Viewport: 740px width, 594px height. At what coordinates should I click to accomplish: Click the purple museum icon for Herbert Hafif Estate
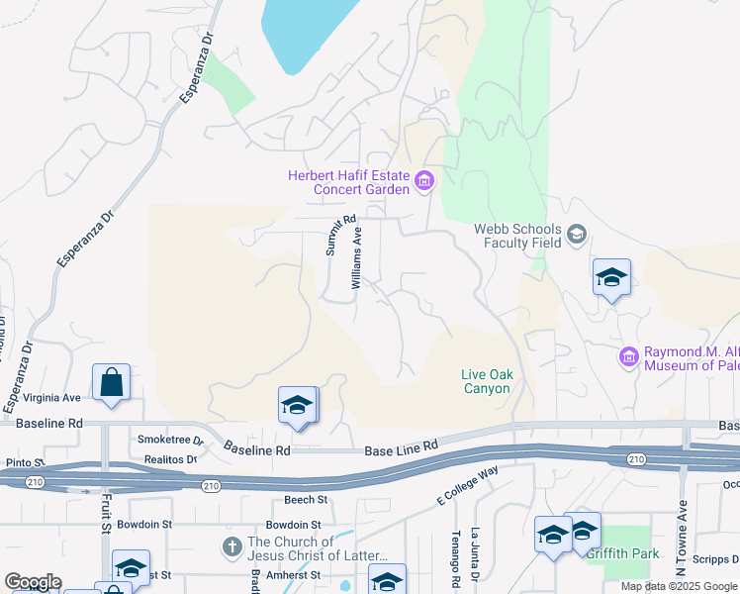click(x=424, y=180)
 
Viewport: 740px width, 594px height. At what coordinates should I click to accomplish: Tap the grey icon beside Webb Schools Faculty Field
click(x=576, y=235)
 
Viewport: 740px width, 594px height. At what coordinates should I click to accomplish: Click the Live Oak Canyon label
click(x=486, y=381)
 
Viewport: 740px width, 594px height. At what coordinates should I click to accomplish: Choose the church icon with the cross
click(x=232, y=546)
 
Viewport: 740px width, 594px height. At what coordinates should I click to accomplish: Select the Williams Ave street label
click(x=357, y=255)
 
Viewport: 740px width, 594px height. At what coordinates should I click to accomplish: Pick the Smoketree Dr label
click(x=169, y=440)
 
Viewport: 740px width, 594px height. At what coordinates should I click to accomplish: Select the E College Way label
click(x=466, y=488)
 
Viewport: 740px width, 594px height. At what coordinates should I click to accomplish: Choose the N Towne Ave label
click(x=682, y=543)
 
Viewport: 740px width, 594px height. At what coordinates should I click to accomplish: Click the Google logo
click(x=33, y=582)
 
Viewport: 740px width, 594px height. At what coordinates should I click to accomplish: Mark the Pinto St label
click(x=24, y=462)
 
